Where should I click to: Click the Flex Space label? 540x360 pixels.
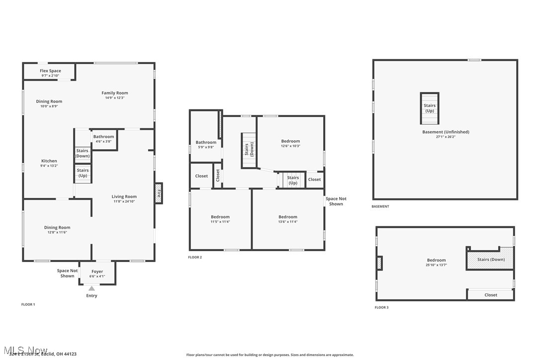point(50,71)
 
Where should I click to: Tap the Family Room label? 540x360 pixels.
point(115,93)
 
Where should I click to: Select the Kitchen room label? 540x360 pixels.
point(49,161)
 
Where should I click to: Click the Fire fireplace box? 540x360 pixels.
point(159,193)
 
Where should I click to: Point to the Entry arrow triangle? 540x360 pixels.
point(91,288)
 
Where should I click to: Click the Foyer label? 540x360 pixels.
point(97,272)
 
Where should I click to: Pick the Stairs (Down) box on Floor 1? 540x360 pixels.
point(83,154)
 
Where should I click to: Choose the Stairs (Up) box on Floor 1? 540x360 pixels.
point(83,173)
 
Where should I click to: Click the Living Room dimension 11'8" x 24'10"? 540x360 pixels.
point(124,201)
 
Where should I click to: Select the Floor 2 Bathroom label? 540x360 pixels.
point(206,143)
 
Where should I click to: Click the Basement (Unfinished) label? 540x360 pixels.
point(446,132)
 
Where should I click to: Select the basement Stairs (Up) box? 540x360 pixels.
point(430,108)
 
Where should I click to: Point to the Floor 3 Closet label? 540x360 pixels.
point(491,295)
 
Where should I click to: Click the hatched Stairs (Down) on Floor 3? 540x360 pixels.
point(490,260)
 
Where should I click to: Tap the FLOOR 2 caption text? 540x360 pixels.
point(195,258)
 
